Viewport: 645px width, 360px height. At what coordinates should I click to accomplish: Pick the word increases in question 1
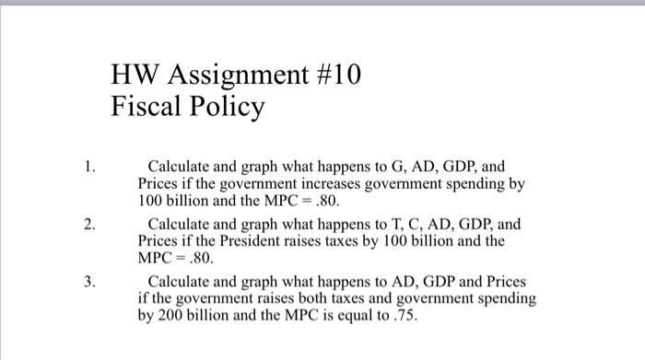tap(348, 183)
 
